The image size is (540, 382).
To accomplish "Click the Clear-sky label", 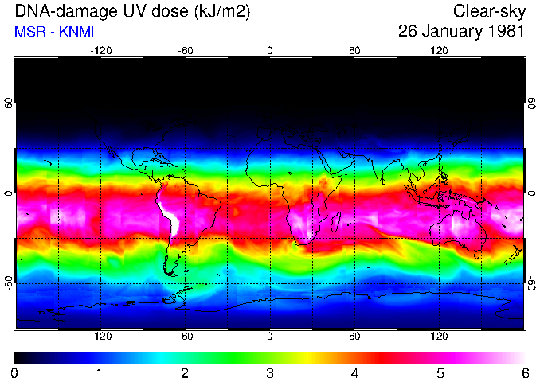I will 487,11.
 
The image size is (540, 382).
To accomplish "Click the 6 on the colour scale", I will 525,372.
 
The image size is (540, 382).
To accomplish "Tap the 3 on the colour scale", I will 269,372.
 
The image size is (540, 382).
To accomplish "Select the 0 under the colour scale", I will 15,372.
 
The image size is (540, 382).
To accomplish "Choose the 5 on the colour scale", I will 440,372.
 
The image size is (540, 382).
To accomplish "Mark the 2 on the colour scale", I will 185,372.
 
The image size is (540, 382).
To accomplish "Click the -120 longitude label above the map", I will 100,50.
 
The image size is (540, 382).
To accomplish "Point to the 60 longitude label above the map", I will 354,50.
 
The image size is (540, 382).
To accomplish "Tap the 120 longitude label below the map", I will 439,337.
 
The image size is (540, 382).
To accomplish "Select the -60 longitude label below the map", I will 185,337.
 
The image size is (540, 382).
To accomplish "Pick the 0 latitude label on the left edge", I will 8,193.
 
